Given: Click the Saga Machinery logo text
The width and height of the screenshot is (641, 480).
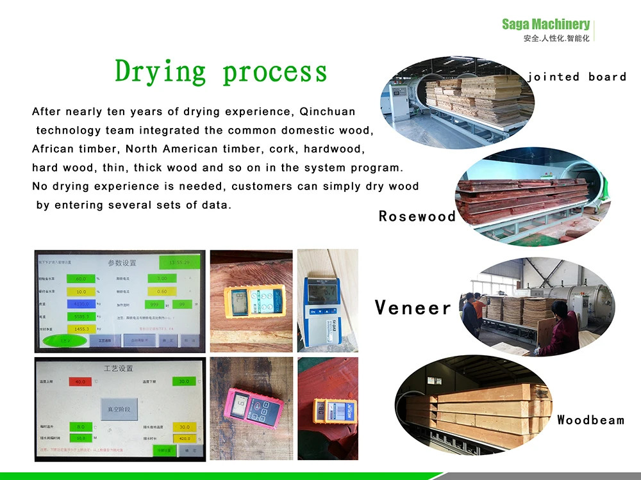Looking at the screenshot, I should [x=545, y=24].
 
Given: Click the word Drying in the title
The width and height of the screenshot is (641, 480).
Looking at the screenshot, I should [x=160, y=71].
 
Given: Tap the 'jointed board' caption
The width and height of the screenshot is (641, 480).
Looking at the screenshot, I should [x=576, y=77].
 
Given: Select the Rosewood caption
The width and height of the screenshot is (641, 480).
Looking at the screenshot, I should [x=417, y=216].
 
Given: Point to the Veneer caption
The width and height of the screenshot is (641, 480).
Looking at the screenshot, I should [x=413, y=308].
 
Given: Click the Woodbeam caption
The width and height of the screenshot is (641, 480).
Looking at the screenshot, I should [x=590, y=420].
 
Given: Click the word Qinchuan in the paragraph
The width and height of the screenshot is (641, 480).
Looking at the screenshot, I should [x=328, y=112].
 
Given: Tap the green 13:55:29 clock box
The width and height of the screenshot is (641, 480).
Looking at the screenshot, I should [x=179, y=262].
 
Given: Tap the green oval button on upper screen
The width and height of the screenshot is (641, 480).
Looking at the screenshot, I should [x=64, y=340].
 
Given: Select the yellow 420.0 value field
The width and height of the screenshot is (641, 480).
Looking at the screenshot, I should [x=185, y=439].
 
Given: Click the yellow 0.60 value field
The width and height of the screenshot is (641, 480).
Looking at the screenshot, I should [x=162, y=291].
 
